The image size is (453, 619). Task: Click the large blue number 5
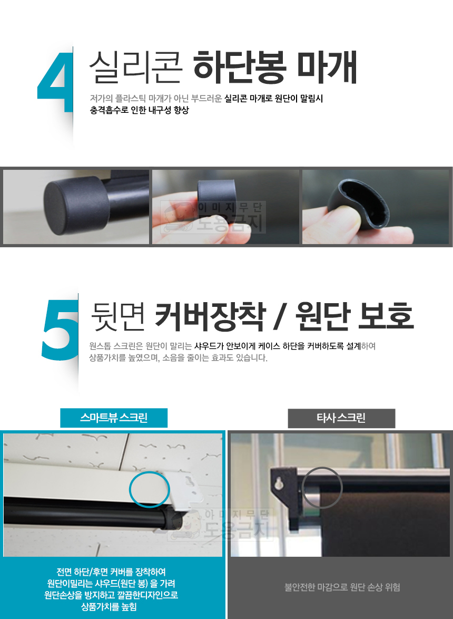pos(60,330)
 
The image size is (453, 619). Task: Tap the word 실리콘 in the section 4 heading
pos(135,67)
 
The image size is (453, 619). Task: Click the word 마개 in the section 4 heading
pos(327,67)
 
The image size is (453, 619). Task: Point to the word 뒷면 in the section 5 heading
pos(118,316)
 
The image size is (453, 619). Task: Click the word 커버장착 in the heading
pos(209,316)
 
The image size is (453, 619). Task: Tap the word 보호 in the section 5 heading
pos(386,316)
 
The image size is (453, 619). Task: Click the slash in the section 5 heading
pos(280,316)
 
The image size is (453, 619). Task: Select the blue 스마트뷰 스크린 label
pos(114,418)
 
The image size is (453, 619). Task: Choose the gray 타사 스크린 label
pos(341,418)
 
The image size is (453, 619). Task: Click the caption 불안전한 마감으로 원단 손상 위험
pos(342,587)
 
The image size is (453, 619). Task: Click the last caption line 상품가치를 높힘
pos(109,607)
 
